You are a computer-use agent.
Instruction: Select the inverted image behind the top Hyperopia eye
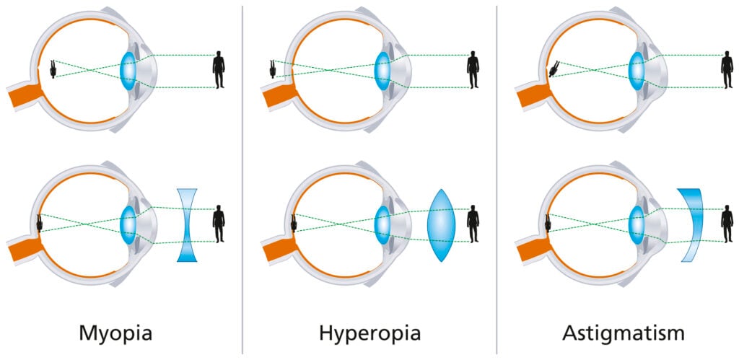(274, 69)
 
